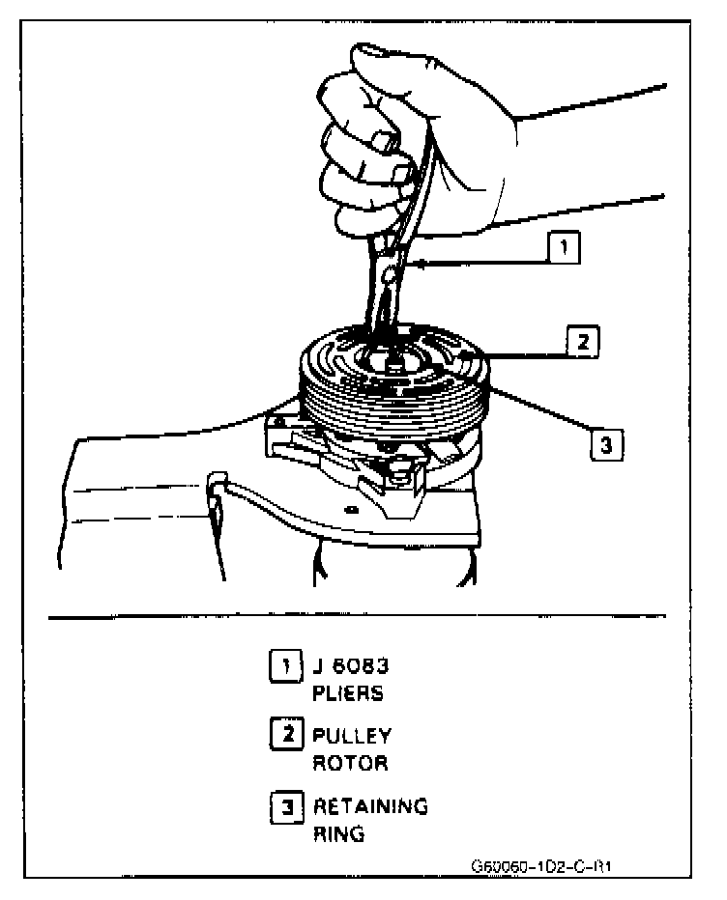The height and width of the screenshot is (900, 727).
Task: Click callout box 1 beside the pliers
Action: pos(564,249)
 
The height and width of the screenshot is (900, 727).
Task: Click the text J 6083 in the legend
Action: pos(349,664)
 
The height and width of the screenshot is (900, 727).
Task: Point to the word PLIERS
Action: pos(347,692)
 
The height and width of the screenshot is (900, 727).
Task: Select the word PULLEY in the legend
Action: pos(352,735)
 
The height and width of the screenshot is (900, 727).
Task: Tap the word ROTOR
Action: pos(349,763)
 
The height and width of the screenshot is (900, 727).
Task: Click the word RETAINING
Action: pos(369,806)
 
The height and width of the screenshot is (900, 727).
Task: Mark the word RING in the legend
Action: pos(338,834)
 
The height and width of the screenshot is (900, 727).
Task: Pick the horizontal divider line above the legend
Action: pos(357,615)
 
